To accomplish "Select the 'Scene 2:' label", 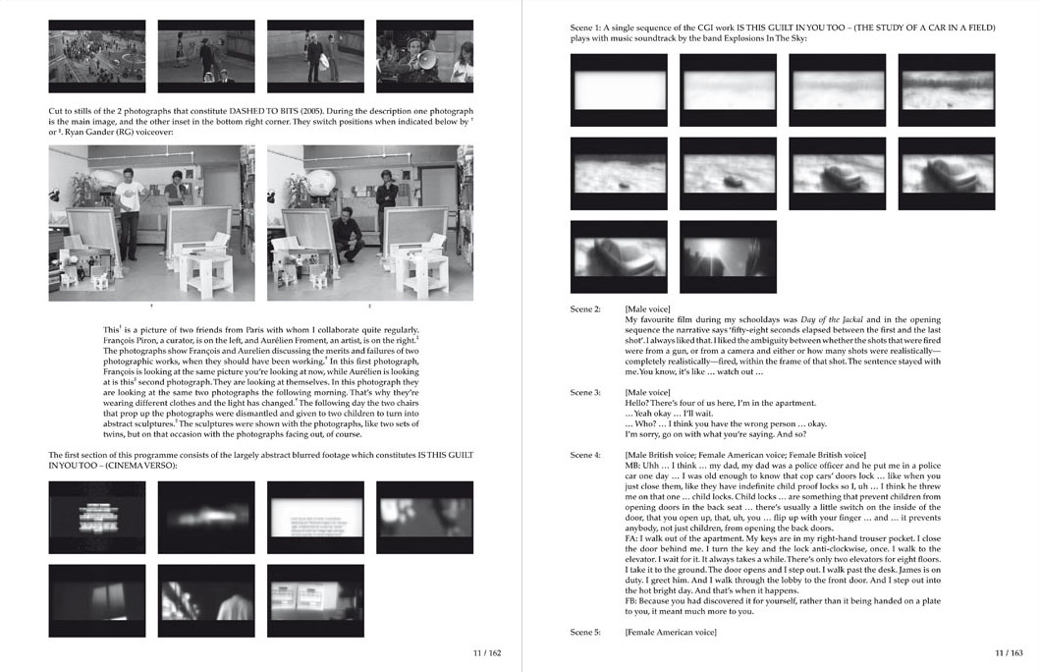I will click(x=584, y=309).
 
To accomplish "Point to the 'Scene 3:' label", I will click(x=584, y=392).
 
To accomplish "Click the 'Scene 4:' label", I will click(x=584, y=455).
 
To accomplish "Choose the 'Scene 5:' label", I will click(x=584, y=632).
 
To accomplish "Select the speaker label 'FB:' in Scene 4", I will click(x=631, y=601).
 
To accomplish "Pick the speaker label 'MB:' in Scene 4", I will click(x=632, y=466).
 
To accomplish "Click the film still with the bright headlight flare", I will click(x=728, y=256).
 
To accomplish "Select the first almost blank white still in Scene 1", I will click(x=618, y=90).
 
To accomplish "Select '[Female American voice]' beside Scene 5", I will click(x=671, y=632).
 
